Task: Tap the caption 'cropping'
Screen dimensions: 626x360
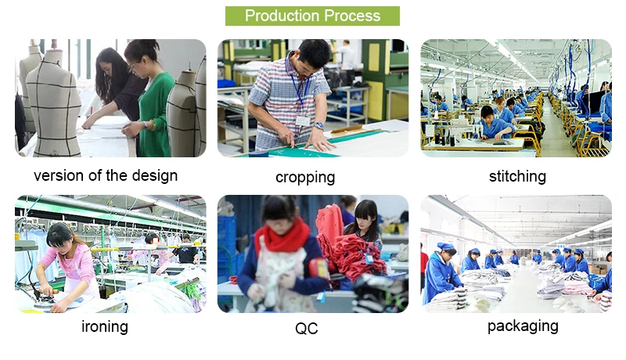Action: point(305,178)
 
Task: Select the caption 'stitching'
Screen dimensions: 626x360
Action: point(517,176)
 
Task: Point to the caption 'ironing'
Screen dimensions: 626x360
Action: point(105,327)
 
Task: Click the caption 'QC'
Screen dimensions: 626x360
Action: point(307,329)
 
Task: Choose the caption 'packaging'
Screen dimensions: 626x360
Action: point(523,326)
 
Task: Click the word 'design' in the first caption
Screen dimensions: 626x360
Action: point(155,175)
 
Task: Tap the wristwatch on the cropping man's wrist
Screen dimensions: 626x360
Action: point(318,126)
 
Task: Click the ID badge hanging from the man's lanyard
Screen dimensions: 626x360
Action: point(303,121)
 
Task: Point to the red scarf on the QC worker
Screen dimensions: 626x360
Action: point(283,236)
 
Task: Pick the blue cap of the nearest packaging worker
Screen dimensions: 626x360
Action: point(445,246)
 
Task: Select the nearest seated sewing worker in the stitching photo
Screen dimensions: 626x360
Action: point(495,123)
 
